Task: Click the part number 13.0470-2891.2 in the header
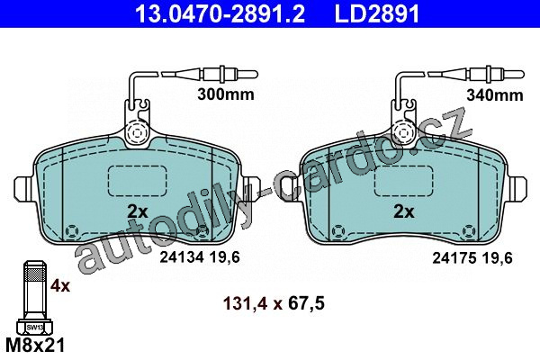tap(220, 13)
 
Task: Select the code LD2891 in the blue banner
tap(377, 13)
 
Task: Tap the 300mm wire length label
tap(226, 94)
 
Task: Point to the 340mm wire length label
tap(494, 95)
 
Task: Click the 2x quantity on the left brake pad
tap(138, 211)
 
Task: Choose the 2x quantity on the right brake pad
tap(404, 211)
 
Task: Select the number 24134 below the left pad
tap(183, 257)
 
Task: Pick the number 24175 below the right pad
tap(454, 257)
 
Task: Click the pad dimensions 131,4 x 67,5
tap(274, 303)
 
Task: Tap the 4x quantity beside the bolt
tap(60, 285)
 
